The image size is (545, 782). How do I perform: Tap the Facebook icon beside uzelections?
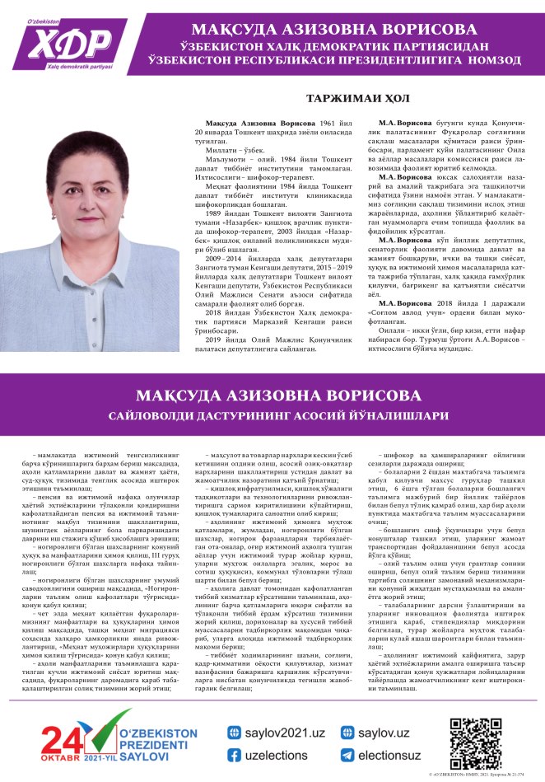[x=234, y=754]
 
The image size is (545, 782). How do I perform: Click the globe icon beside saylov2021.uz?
[x=234, y=732]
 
